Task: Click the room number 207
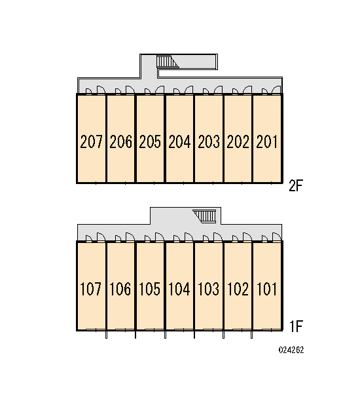(x=91, y=141)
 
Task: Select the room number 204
(x=179, y=141)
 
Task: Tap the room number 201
(x=267, y=141)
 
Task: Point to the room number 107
(x=91, y=289)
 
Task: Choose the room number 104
(x=179, y=289)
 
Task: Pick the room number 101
(x=267, y=289)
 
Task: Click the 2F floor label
(x=296, y=185)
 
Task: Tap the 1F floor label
(x=296, y=326)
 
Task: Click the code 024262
(x=291, y=350)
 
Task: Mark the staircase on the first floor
(x=204, y=216)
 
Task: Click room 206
(x=120, y=138)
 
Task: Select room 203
(x=209, y=138)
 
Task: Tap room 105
(x=150, y=286)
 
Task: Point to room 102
(x=238, y=286)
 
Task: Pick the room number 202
(x=238, y=141)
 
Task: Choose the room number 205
(x=150, y=141)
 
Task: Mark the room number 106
(x=120, y=289)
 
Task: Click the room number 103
(x=208, y=289)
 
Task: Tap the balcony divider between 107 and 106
(x=106, y=335)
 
